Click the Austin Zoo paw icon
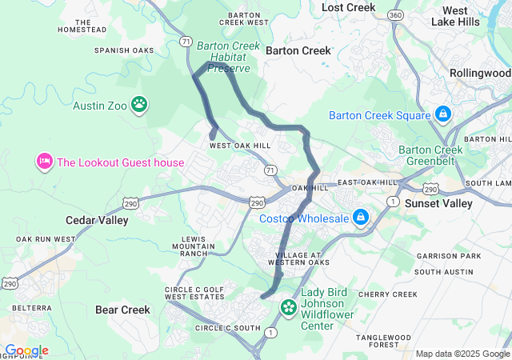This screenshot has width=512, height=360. click(140, 103)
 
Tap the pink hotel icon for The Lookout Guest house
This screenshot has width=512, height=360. click(43, 162)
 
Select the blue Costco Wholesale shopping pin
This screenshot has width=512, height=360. click(361, 217)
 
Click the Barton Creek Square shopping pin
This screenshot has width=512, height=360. click(442, 114)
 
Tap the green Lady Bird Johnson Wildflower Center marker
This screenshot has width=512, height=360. click(288, 307)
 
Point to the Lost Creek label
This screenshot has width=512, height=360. click(348, 7)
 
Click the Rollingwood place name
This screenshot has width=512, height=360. click(480, 73)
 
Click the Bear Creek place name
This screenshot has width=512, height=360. click(122, 310)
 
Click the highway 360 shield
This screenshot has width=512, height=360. click(394, 15)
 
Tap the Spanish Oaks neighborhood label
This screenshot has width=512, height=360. click(123, 50)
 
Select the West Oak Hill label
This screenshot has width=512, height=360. click(240, 146)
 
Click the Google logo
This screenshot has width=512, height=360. click(26, 350)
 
